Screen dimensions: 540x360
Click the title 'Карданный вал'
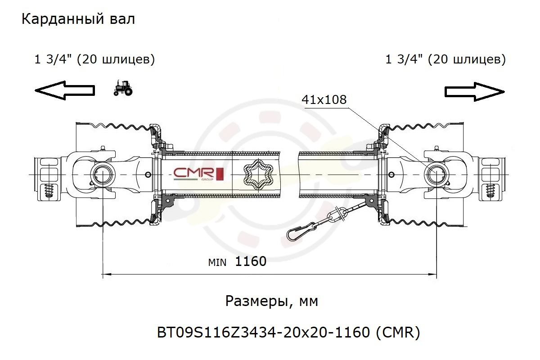pos(78,19)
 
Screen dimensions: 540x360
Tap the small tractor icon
pos(123,88)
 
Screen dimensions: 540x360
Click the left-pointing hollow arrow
pos(65,90)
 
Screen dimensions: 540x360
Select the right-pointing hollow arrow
pos(475,92)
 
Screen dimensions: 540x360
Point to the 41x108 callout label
pos(324,99)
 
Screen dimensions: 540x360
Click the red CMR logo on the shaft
pos(199,174)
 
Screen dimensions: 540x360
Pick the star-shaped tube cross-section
pos(258,174)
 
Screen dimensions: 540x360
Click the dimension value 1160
pos(251,261)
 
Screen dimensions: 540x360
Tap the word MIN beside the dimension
pos(217,263)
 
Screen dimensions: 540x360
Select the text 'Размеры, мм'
pos(272,301)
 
